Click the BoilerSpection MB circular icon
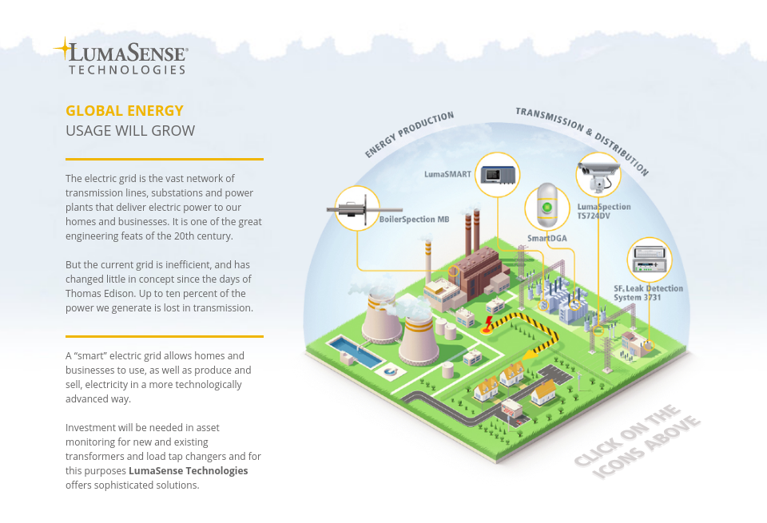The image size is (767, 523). (x=356, y=209)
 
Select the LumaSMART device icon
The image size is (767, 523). (x=497, y=174)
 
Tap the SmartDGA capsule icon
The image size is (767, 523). (x=547, y=208)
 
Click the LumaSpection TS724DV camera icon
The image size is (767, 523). (x=598, y=175)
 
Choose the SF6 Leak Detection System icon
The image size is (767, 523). (x=649, y=260)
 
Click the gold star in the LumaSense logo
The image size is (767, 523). (x=62, y=49)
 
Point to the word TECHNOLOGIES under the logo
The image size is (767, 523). (x=127, y=70)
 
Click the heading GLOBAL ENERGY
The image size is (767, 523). (x=125, y=111)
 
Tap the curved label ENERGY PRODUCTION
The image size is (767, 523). (x=409, y=133)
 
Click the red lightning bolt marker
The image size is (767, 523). (x=487, y=323)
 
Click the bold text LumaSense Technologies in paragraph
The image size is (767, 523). (x=189, y=470)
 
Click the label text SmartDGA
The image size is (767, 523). (x=546, y=238)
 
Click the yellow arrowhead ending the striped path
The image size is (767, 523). (x=530, y=353)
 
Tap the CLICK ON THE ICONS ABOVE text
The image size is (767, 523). (x=638, y=442)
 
